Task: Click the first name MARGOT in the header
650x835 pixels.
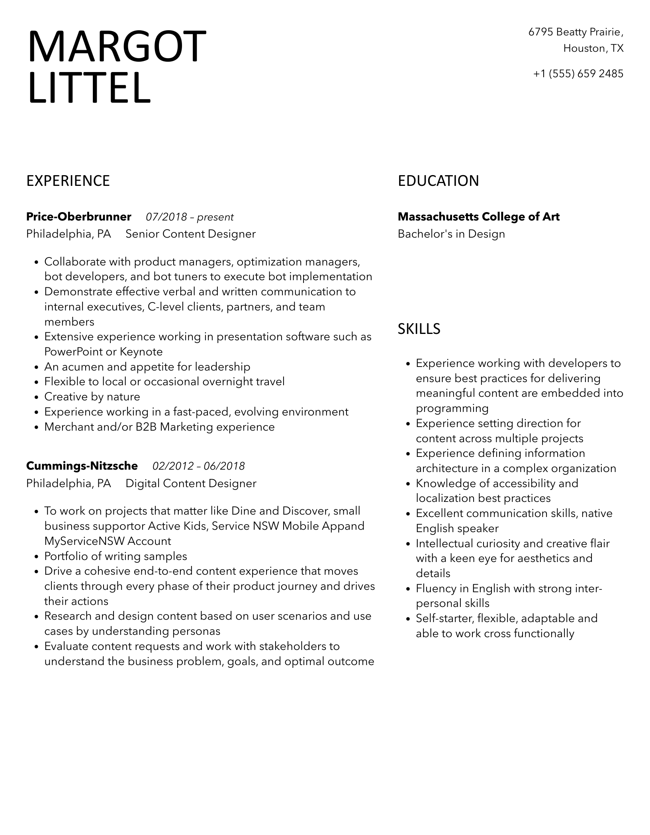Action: coord(117,47)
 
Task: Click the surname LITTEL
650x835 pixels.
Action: coord(90,88)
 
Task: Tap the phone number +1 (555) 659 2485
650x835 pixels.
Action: coord(578,74)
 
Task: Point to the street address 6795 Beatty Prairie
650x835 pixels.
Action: coord(576,32)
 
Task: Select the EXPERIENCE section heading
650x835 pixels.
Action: coord(68,181)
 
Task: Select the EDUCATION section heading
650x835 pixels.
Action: coord(438,181)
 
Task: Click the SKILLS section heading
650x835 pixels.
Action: coord(419,329)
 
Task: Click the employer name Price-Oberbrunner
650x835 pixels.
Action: coord(78,217)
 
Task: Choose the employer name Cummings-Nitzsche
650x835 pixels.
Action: coord(82,466)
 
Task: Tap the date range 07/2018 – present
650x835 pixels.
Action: coord(190,217)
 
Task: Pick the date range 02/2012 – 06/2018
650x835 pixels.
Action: coord(198,466)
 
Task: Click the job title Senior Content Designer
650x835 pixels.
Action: coord(190,234)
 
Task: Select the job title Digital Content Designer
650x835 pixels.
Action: coord(191,484)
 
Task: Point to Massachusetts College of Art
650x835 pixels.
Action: coord(478,217)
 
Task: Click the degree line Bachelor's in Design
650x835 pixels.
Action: coord(451,234)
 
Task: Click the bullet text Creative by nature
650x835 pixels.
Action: coord(92,397)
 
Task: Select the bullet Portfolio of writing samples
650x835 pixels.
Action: coord(116,556)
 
